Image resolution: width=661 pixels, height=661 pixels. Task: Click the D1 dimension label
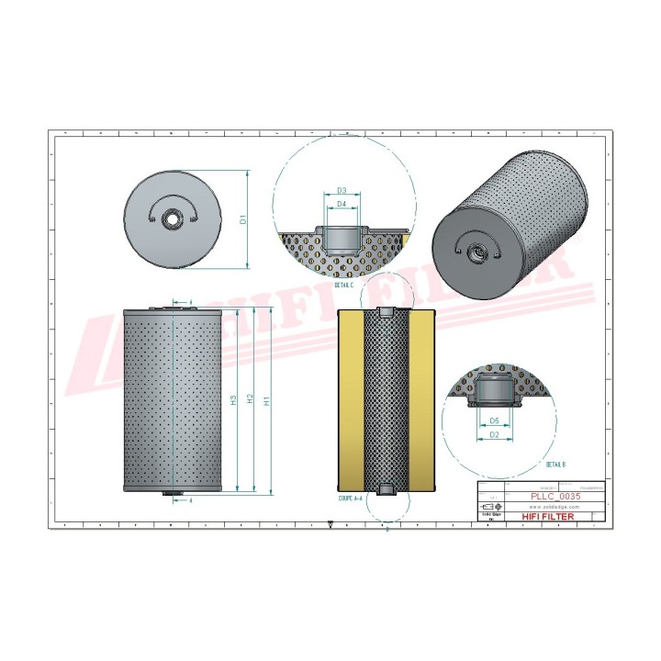click(243, 219)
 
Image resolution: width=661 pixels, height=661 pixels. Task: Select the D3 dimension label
click(341, 190)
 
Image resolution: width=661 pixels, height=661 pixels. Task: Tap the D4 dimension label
click(341, 203)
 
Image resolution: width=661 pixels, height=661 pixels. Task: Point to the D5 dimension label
click(494, 420)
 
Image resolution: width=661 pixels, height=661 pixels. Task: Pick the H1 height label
click(266, 400)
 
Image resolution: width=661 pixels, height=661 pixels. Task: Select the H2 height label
click(251, 400)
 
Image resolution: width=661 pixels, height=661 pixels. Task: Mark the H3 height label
click(234, 400)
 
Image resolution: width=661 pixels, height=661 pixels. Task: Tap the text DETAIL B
click(556, 465)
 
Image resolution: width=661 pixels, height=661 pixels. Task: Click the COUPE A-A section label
click(352, 500)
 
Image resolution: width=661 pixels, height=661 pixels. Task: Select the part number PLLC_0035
click(556, 496)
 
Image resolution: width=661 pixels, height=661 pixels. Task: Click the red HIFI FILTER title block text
click(549, 517)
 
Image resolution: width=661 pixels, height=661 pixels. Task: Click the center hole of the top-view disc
click(172, 219)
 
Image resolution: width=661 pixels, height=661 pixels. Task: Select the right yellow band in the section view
click(420, 400)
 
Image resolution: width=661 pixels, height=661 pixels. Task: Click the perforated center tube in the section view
click(386, 400)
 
